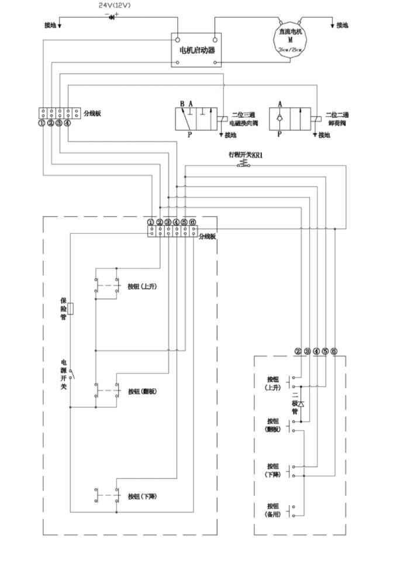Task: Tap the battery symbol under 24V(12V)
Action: (112, 16)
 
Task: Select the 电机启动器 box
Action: (196, 49)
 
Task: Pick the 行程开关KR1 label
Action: (246, 156)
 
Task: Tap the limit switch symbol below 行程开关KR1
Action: (244, 165)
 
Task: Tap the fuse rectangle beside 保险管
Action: (71, 309)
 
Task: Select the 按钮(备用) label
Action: (273, 510)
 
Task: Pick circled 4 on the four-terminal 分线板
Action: (67, 123)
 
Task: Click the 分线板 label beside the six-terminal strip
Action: (208, 236)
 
